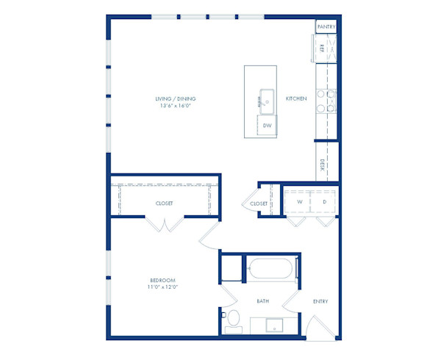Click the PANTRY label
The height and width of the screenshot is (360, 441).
coord(326,27)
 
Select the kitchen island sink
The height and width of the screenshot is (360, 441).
coord(266,101)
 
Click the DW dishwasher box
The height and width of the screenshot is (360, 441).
coord(268,126)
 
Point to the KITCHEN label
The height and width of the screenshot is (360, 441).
coord(295,98)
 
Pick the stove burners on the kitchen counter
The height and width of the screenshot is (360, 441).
coord(326,101)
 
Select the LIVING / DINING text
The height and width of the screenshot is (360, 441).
coord(175,98)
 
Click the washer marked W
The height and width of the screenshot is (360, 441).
coord(299,201)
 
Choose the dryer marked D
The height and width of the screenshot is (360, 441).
coord(323,201)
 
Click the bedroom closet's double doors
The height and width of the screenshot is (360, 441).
coord(165,224)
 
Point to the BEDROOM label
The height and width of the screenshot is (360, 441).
coord(162,280)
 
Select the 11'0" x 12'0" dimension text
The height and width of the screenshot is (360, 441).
coord(162,287)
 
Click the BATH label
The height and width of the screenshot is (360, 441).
coord(263,300)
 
